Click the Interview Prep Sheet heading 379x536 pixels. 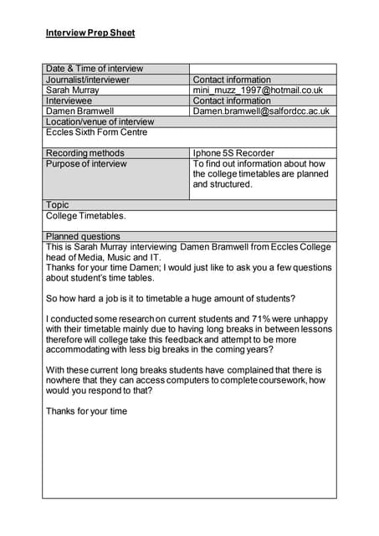click(90, 33)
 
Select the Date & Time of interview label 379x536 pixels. click(95, 69)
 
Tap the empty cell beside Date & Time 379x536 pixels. click(263, 69)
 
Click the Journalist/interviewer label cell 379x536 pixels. click(88, 80)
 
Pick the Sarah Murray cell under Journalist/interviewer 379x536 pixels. click(73, 90)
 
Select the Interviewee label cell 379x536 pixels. click(70, 100)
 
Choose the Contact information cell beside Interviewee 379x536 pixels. click(232, 100)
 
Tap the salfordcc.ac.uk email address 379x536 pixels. click(261, 111)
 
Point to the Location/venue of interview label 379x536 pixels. click(100, 121)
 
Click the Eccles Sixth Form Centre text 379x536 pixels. click(96, 132)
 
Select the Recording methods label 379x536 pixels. click(85, 153)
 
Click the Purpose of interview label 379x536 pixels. click(86, 164)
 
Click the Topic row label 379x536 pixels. click(58, 205)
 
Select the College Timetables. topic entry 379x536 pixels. click(86, 216)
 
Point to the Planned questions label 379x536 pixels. click(83, 237)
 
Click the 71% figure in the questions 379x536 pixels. click(213, 319)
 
